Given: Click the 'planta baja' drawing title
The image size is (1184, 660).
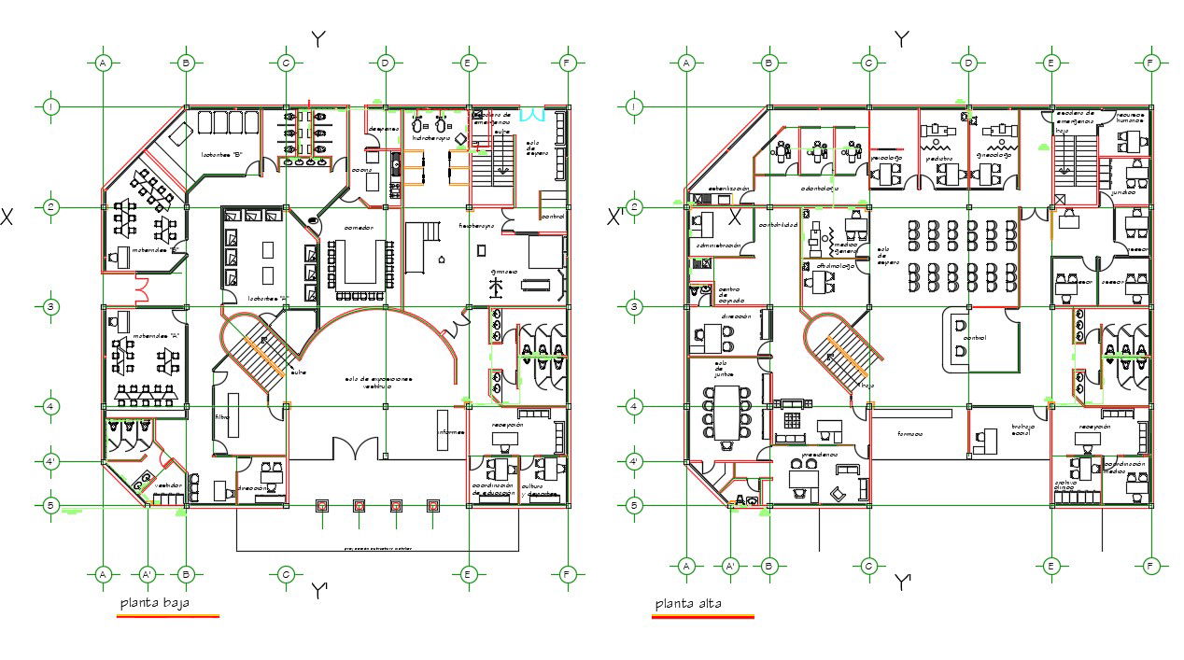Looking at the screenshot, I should click(x=154, y=603).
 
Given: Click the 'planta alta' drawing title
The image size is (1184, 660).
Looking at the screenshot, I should click(x=688, y=603).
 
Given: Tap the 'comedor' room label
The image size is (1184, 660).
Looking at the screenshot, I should click(x=359, y=227).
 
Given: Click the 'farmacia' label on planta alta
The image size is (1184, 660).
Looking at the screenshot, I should click(x=910, y=433).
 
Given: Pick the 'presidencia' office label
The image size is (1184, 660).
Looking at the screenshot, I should click(x=819, y=455).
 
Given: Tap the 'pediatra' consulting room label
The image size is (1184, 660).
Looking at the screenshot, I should click(x=939, y=158).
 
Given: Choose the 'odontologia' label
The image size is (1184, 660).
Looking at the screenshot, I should click(x=819, y=188).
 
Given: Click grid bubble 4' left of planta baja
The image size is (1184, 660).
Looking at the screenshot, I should click(x=51, y=461).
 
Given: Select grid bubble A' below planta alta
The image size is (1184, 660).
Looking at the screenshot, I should click(x=731, y=566).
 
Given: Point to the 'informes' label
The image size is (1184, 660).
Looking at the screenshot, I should click(x=450, y=432).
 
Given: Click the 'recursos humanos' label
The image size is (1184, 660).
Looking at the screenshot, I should click(x=1130, y=117).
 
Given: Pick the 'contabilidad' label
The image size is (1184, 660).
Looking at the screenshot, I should click(x=777, y=225).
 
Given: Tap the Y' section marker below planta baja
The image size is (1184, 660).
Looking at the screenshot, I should click(x=319, y=591).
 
